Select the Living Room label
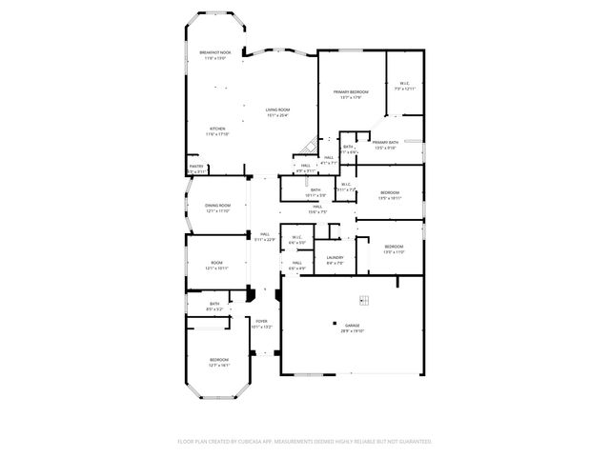(x=278, y=109)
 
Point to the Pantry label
(x=196, y=167)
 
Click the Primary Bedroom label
(x=351, y=91)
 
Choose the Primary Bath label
(x=385, y=143)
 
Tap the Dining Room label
(x=218, y=206)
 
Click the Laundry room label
(x=335, y=257)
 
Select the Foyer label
(x=260, y=322)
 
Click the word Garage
(x=352, y=326)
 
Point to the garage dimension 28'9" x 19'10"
(x=352, y=331)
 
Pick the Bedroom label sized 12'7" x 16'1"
(x=220, y=360)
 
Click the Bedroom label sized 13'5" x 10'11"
(x=390, y=193)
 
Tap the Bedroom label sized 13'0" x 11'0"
(x=394, y=248)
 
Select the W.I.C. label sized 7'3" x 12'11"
(x=404, y=83)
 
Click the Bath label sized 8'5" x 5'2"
(x=214, y=305)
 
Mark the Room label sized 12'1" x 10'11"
(x=218, y=264)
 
